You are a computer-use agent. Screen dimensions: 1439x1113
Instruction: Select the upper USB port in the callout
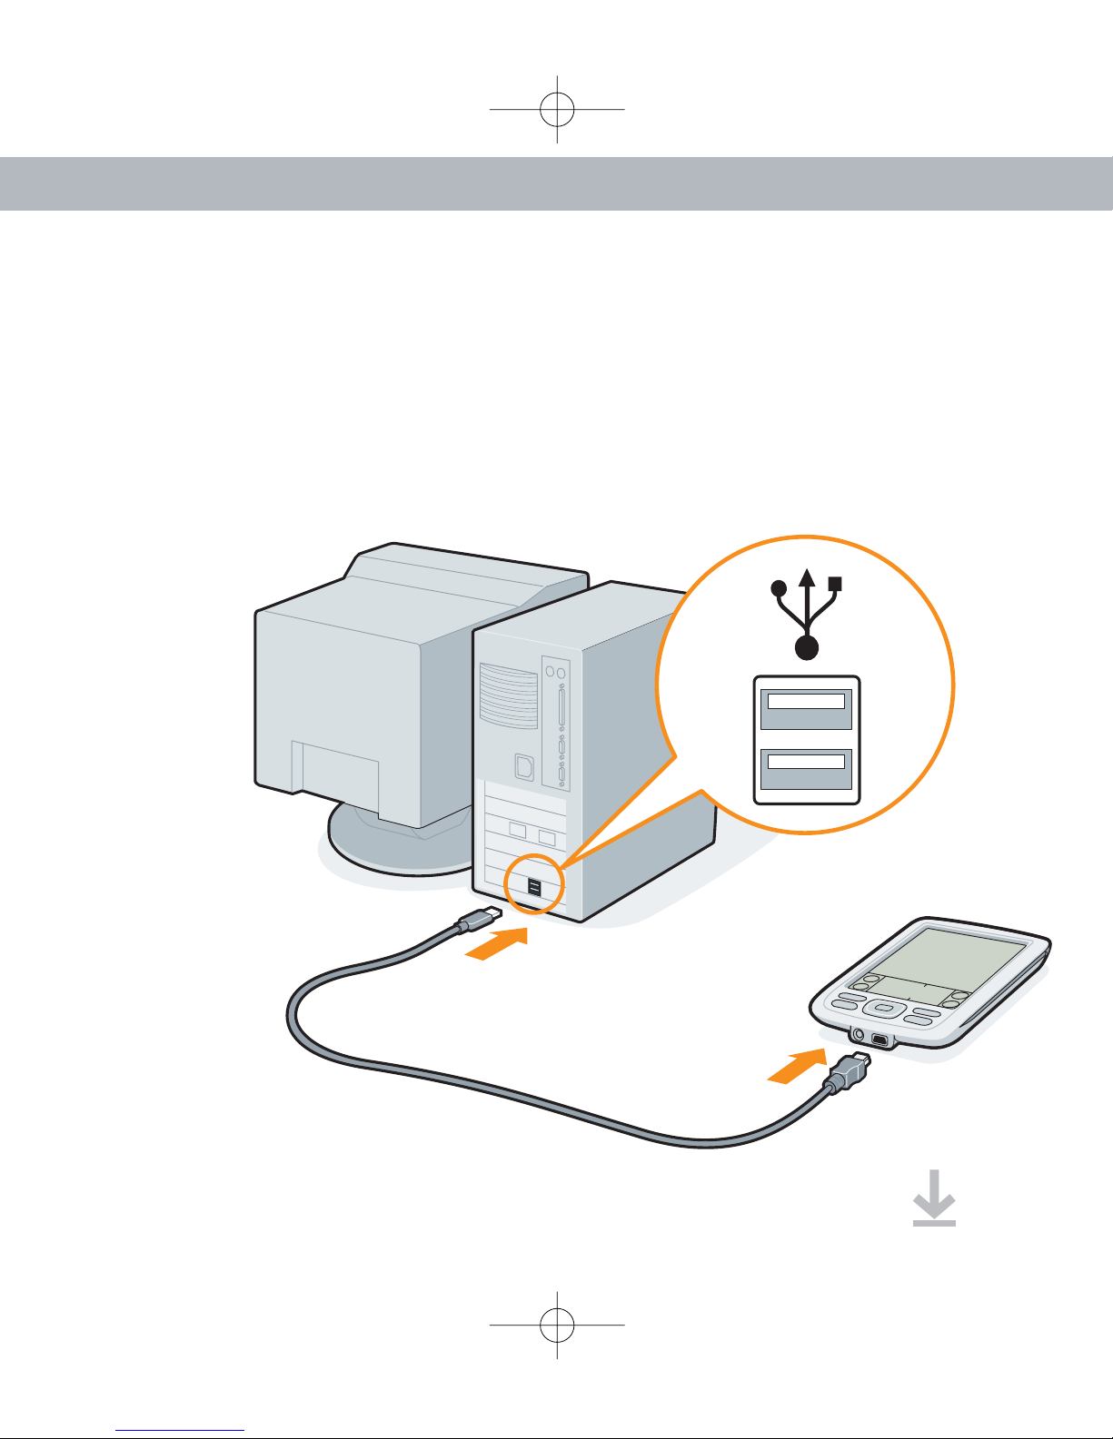806,708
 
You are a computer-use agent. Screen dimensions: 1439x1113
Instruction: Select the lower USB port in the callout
806,769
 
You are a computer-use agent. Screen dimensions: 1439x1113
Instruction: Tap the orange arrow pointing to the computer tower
496,944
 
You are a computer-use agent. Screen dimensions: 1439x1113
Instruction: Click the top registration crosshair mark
557,109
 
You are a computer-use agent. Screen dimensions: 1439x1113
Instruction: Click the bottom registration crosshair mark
557,1326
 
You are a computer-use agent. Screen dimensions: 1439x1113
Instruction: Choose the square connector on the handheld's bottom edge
879,1039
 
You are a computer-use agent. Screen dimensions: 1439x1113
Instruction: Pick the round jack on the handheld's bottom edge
857,1033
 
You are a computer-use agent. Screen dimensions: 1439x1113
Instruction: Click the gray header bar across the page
556,183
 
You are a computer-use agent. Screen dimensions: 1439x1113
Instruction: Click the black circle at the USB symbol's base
807,647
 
